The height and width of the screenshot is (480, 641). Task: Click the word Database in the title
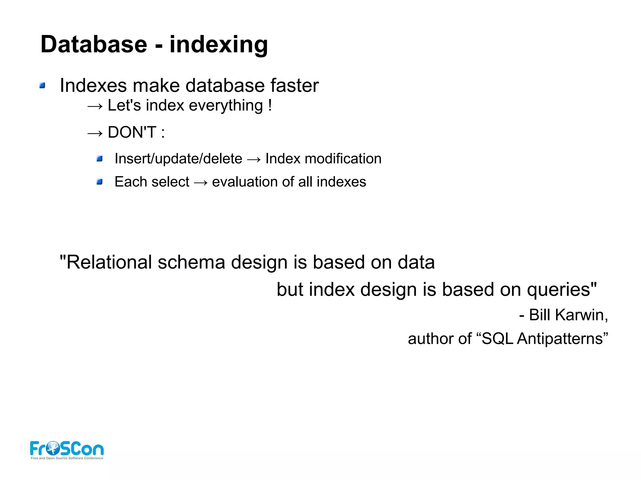coord(94,44)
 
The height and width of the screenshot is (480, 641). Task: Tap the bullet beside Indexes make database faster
coord(43,85)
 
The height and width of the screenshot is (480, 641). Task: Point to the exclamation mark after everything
coord(270,105)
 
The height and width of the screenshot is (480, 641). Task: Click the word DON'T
coord(132,132)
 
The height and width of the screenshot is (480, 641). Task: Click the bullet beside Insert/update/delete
coord(100,159)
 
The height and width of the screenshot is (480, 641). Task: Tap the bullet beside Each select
coord(100,182)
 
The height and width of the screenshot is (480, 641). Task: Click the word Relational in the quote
coord(109,262)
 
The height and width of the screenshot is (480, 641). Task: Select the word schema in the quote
coord(191,262)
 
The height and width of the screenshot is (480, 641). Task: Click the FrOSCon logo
coord(67,450)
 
